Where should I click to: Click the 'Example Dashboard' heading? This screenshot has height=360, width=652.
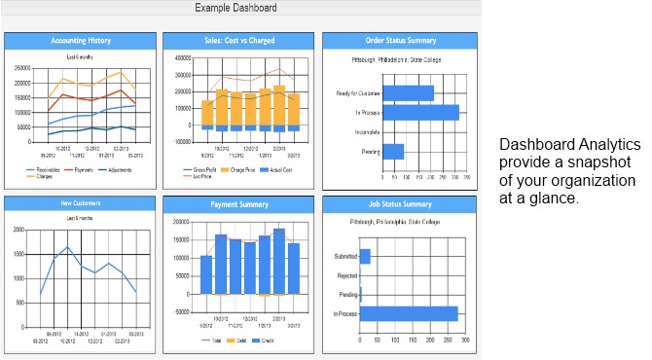(235, 9)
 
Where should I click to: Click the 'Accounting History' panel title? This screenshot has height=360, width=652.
(80, 41)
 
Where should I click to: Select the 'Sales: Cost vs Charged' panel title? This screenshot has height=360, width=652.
(238, 41)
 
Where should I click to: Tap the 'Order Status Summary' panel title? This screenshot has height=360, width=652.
(398, 41)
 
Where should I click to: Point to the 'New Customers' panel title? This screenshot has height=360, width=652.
(80, 203)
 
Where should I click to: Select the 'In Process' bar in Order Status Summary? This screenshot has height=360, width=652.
(419, 113)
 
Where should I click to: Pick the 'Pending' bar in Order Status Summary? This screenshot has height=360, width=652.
(392, 152)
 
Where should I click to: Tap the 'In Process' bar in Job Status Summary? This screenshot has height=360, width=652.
(409, 313)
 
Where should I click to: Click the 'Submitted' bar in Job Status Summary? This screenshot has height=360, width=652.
(365, 257)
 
